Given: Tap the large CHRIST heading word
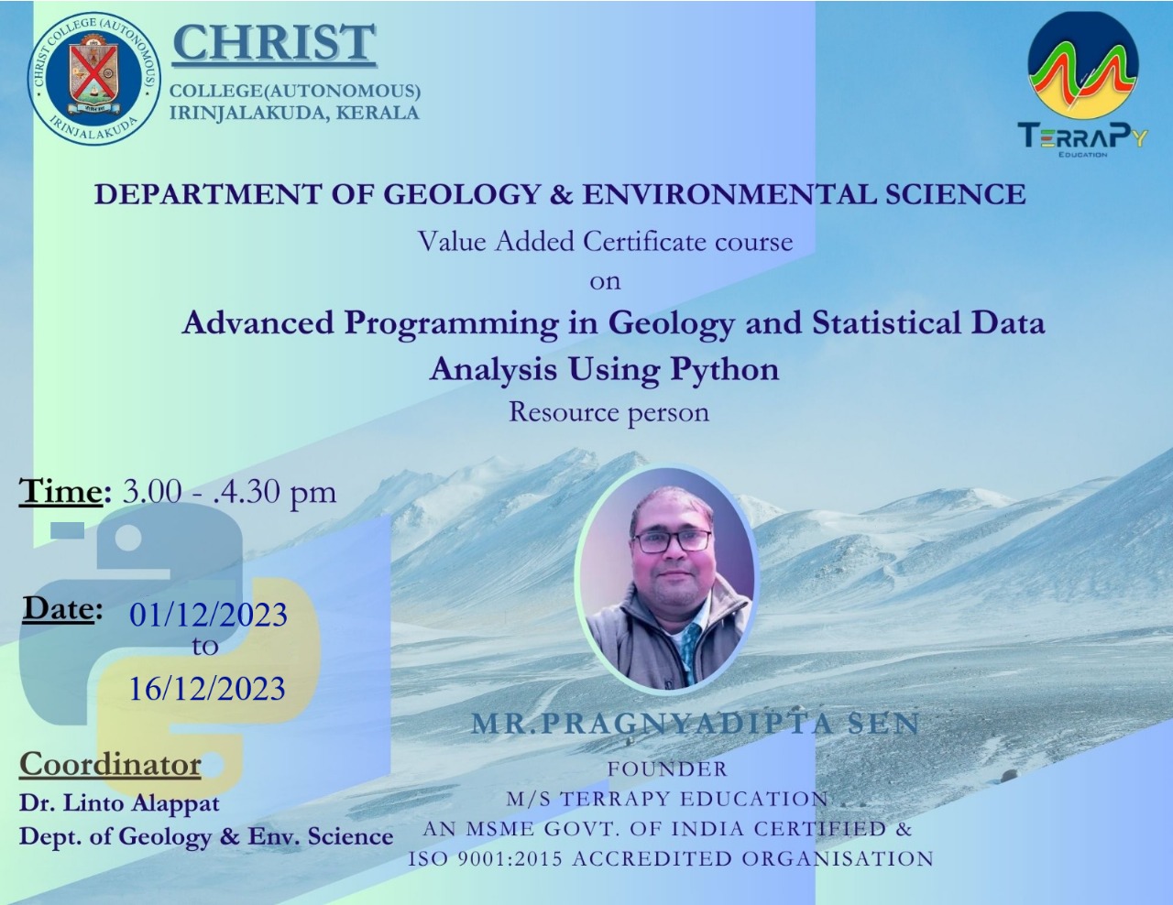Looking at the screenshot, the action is click(x=274, y=43).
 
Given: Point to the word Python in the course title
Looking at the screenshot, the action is click(x=725, y=371).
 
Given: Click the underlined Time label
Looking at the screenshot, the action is click(x=61, y=491).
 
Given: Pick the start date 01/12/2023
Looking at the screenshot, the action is click(x=208, y=615).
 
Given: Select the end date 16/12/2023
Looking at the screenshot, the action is click(x=207, y=688).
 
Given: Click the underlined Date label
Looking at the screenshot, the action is click(x=59, y=609).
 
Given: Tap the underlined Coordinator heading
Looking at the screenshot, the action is click(x=110, y=764).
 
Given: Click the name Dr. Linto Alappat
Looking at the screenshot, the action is click(x=119, y=803).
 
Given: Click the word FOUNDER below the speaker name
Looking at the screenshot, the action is click(x=668, y=769).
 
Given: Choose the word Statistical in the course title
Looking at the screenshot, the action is click(x=886, y=323).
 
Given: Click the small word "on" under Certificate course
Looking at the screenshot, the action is click(x=605, y=282).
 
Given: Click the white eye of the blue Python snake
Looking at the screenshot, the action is click(x=127, y=539).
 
